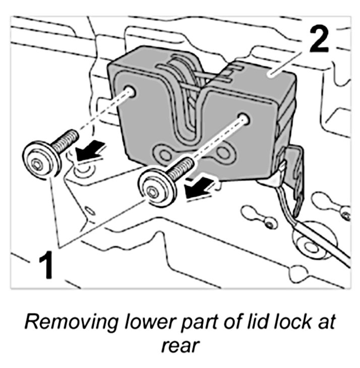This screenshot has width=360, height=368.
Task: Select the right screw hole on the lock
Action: pyautogui.click(x=246, y=119)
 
